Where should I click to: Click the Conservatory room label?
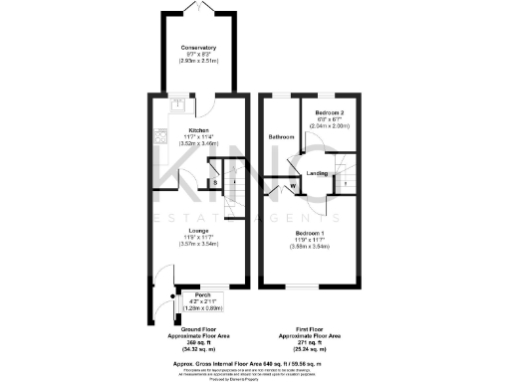(x=199, y=48)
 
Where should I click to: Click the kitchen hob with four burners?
(x=158, y=137)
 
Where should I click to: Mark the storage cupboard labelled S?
(x=216, y=182)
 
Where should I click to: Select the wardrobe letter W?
(x=293, y=186)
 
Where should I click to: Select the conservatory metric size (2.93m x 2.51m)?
(x=199, y=61)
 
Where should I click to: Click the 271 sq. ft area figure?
(x=308, y=343)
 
